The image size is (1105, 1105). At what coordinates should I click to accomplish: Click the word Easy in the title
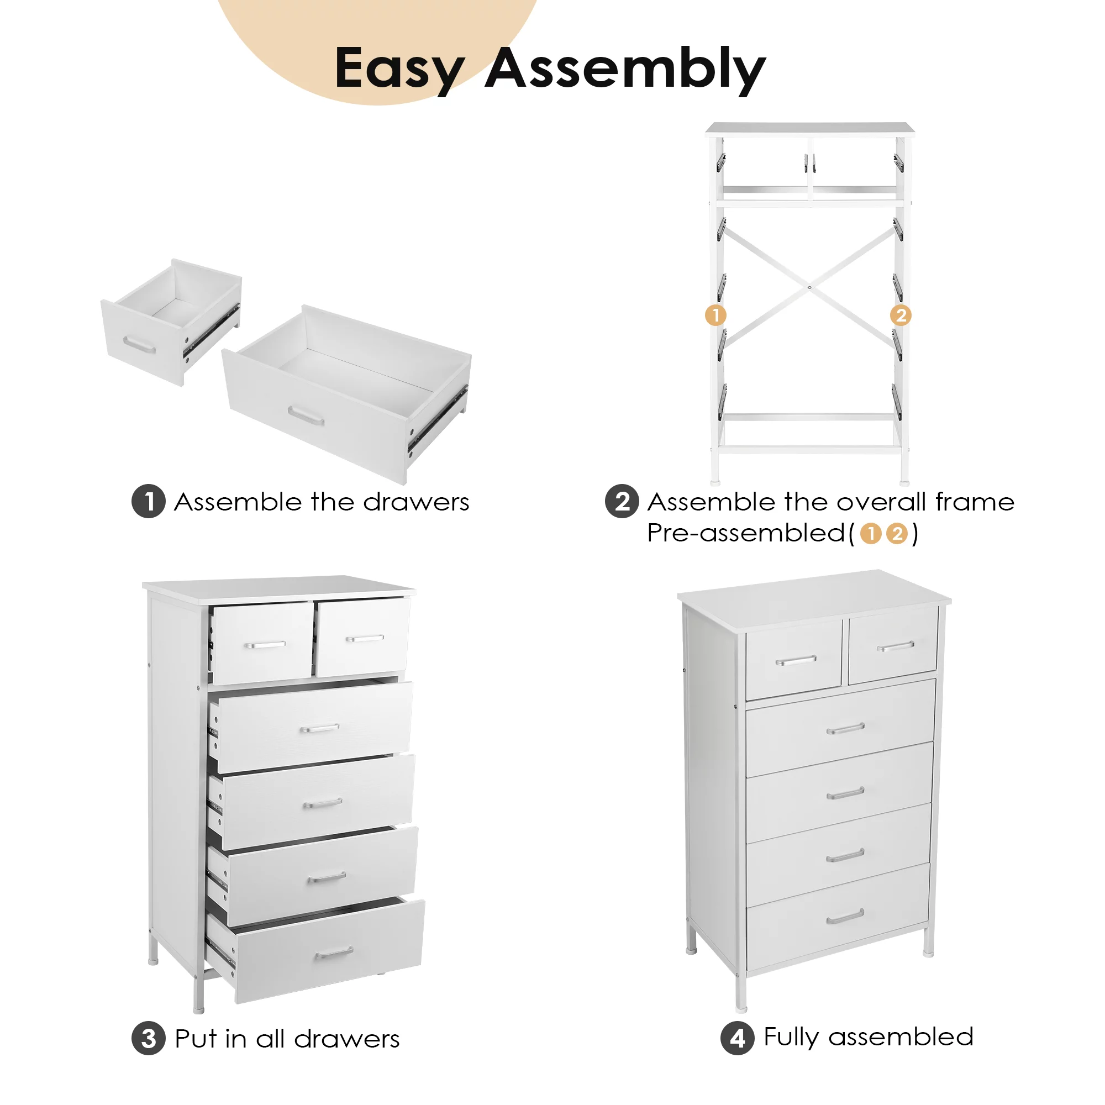point(399,70)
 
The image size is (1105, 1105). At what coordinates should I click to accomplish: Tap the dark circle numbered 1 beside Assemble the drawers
point(149,502)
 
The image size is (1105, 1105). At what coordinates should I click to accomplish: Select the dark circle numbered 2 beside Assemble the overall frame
point(622,502)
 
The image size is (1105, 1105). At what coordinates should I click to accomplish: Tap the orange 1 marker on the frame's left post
point(715,315)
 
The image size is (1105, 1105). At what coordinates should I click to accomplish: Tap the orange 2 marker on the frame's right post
point(901,315)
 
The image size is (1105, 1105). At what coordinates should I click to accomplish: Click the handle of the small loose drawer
point(139,345)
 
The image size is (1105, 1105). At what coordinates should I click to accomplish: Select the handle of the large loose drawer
point(306,416)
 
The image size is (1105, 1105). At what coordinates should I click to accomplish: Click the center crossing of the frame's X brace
point(809,287)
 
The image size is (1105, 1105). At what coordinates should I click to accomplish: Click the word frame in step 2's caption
point(975,502)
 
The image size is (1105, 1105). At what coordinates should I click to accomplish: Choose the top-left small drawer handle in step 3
point(265,645)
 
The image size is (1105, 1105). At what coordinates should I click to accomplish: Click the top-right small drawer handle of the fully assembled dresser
point(896,646)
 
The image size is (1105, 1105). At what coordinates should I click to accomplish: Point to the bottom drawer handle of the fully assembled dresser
point(845,917)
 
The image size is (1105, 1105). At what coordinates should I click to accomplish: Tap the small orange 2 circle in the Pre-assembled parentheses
point(897,534)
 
